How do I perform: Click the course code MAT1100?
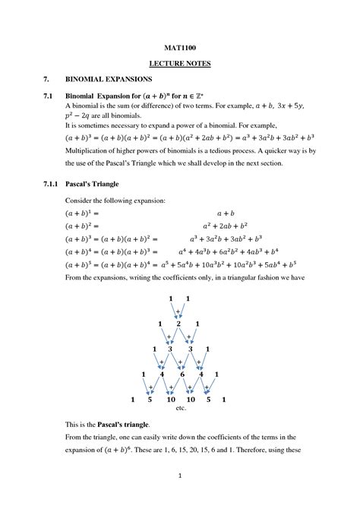pos(179,48)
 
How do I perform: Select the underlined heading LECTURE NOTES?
pos(179,64)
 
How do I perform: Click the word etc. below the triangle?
pos(181,408)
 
